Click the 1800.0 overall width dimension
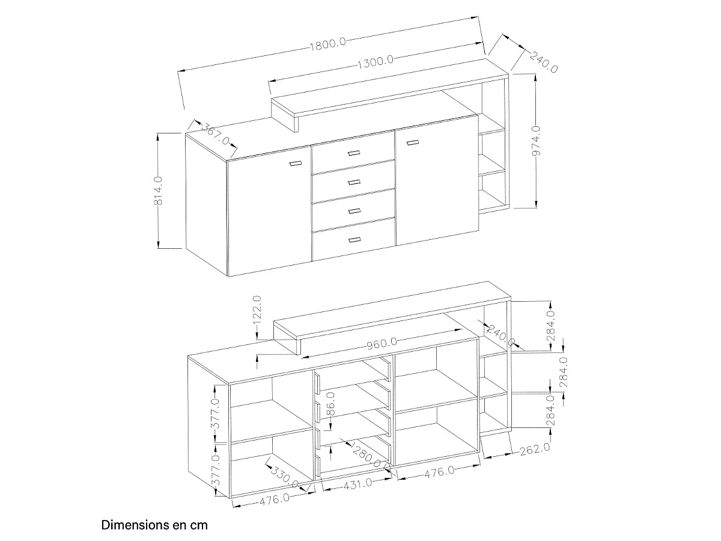[327, 44]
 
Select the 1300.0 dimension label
[375, 62]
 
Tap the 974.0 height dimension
[536, 141]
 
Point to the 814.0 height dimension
[159, 191]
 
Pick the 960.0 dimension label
[382, 344]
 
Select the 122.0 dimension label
[257, 310]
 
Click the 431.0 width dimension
[357, 484]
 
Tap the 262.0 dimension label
[534, 448]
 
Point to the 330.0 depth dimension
[284, 476]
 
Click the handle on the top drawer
[354, 153]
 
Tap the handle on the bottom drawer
[354, 240]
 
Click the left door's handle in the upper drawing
[295, 164]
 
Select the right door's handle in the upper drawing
[413, 142]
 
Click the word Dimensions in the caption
[132, 525]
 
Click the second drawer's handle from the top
[354, 182]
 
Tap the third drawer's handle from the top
[354, 211]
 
